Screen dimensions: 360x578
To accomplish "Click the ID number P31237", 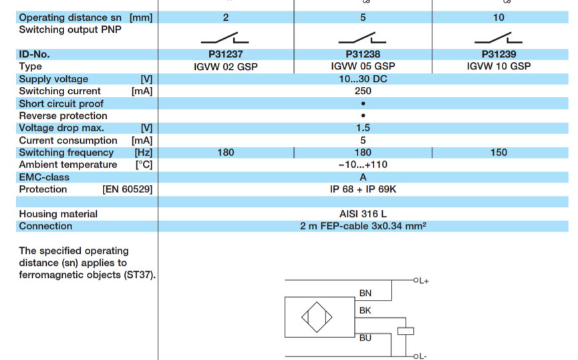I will click(x=225, y=54).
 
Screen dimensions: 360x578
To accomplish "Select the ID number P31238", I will click(x=363, y=54).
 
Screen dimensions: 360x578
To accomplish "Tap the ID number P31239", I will click(x=498, y=54).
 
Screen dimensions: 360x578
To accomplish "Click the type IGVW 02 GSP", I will click(x=225, y=66).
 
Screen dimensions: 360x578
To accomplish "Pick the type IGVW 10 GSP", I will click(x=498, y=66).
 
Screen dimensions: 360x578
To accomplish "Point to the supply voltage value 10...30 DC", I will click(x=363, y=79).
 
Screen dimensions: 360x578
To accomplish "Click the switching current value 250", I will click(x=363, y=91).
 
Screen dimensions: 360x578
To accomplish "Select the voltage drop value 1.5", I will click(x=363, y=128).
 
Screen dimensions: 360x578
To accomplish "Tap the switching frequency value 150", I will click(x=498, y=152).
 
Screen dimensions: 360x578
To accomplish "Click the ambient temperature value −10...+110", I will click(x=363, y=164).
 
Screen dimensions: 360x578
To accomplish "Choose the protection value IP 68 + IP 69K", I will click(x=363, y=189).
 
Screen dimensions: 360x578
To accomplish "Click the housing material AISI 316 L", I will click(x=363, y=214).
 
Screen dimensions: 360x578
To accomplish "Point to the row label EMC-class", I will click(x=44, y=177).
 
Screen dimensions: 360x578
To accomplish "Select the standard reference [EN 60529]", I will click(x=127, y=189).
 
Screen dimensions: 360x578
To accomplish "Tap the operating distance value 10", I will click(x=498, y=17).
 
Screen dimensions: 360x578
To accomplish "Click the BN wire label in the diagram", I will click(x=365, y=293).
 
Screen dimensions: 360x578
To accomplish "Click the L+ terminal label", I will click(x=422, y=281).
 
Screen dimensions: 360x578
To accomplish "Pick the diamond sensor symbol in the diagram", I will click(x=317, y=318).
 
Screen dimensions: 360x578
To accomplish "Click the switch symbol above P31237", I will click(x=226, y=37).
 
